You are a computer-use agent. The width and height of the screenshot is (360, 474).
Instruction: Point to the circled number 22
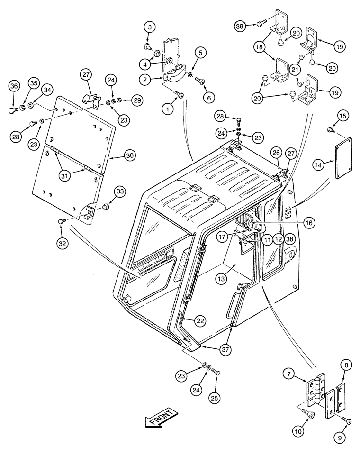pyautogui.click(x=200, y=321)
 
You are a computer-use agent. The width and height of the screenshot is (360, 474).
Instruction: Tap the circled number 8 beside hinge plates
pyautogui.click(x=345, y=365)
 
